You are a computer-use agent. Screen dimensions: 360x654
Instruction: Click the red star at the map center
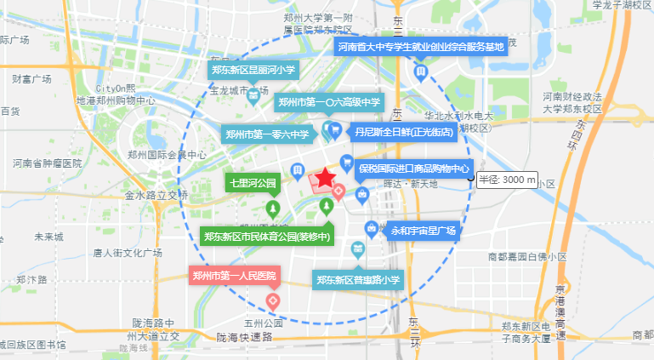tap(327, 179)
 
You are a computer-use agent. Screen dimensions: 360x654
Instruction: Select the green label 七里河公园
tap(253, 183)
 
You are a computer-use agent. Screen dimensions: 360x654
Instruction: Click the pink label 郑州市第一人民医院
tap(234, 276)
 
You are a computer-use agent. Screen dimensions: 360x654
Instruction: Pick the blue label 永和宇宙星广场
tap(423, 231)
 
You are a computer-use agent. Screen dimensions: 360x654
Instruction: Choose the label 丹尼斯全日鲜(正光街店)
tap(405, 133)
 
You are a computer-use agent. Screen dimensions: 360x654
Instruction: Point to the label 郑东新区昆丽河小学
tap(253, 70)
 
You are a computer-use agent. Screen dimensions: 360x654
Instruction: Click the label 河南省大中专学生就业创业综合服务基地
tap(421, 46)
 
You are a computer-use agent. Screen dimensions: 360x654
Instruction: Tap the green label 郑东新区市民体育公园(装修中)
tap(266, 236)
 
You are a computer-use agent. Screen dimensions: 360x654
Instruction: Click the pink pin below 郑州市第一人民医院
tap(273, 300)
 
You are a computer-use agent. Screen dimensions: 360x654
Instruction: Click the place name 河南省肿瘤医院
tap(47, 163)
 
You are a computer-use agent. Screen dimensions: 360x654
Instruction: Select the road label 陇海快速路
tap(244, 337)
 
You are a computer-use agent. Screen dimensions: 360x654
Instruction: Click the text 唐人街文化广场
tap(128, 253)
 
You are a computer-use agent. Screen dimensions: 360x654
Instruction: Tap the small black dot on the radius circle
tap(470, 180)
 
